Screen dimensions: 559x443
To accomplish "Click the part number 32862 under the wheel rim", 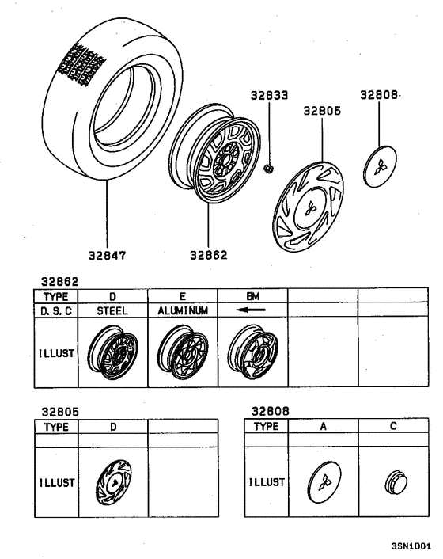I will (x=208, y=255).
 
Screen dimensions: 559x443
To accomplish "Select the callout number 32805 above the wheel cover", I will (x=322, y=112).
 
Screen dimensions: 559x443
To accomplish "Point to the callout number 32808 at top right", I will (x=378, y=94).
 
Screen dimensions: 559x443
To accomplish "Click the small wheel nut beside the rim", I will (x=269, y=168).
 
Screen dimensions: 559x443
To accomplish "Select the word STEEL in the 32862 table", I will (x=112, y=311).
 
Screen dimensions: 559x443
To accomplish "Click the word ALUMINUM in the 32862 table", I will (x=182, y=311).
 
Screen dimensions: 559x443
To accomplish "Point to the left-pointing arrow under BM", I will (x=252, y=311).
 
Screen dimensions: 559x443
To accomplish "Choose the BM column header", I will (x=252, y=296).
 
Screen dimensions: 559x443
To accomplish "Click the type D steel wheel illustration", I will (x=112, y=352).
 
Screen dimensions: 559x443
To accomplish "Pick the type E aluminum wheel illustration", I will (x=182, y=352).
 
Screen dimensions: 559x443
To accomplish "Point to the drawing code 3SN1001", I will (x=411, y=546).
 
